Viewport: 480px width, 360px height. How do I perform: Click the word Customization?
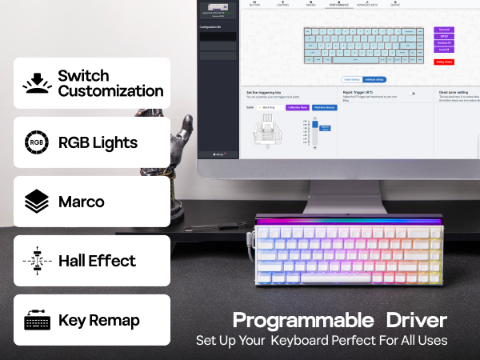coord(110,91)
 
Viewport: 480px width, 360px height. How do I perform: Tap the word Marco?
coord(82,202)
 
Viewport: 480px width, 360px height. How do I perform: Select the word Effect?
coord(112,261)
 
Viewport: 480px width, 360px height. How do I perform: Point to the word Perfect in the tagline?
coord(359,340)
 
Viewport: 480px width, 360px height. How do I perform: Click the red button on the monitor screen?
coord(444,62)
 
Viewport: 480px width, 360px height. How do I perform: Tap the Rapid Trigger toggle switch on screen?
coord(413,94)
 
